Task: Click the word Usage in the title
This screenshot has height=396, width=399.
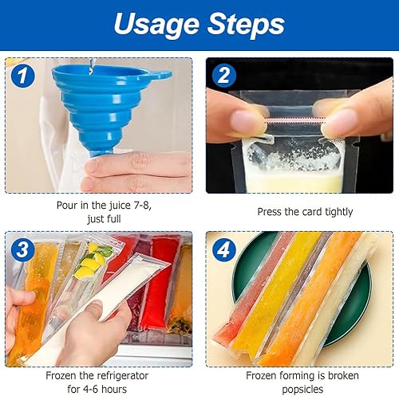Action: pyautogui.click(x=156, y=25)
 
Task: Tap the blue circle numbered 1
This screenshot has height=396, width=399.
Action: pyautogui.click(x=23, y=76)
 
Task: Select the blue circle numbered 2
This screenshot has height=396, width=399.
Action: pyautogui.click(x=224, y=76)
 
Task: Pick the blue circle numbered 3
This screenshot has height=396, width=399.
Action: pyautogui.click(x=23, y=249)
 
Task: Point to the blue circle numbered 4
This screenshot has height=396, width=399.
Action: pyautogui.click(x=224, y=249)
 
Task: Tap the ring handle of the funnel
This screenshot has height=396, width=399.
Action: pyautogui.click(x=163, y=75)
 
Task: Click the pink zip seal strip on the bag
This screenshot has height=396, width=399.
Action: pyautogui.click(x=295, y=120)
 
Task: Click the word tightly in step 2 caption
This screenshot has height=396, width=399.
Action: pyautogui.click(x=338, y=212)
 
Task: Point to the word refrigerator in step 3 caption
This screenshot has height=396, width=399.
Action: pyautogui.click(x=121, y=376)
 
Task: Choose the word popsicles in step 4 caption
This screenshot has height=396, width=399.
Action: pyautogui.click(x=302, y=390)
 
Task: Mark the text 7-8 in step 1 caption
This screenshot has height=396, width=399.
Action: pyautogui.click(x=142, y=206)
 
